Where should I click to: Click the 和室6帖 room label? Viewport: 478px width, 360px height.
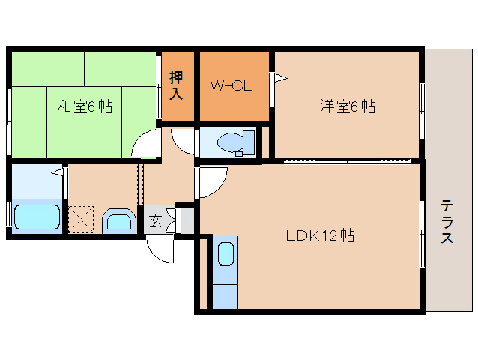click(85, 106)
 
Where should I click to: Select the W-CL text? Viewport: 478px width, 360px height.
click(231, 85)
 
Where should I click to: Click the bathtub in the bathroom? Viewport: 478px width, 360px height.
click(36, 217)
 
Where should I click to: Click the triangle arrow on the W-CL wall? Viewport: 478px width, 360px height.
click(279, 76)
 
